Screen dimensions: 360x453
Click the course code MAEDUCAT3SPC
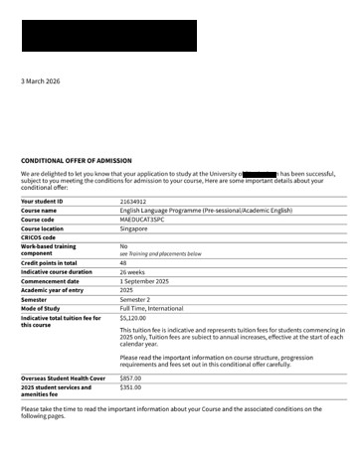click(x=142, y=220)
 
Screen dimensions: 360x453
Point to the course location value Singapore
click(x=134, y=228)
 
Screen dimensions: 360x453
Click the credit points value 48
click(x=123, y=262)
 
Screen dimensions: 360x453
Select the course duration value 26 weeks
click(x=133, y=271)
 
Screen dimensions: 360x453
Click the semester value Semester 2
click(x=136, y=298)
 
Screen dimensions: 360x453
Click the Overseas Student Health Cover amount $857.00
click(x=130, y=378)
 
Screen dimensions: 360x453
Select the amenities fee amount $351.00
click(x=130, y=387)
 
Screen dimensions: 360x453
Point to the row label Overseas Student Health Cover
click(x=62, y=378)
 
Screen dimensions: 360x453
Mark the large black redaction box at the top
click(x=108, y=36)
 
